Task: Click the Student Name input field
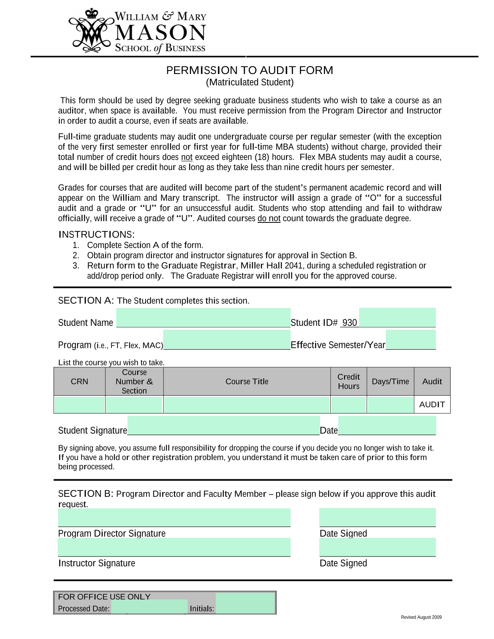click(203, 318)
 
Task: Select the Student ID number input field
click(397, 318)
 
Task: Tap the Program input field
click(227, 340)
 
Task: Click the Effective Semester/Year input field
click(411, 340)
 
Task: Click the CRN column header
click(79, 381)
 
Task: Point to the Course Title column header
click(247, 381)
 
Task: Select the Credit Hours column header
click(349, 381)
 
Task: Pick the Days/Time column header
click(390, 381)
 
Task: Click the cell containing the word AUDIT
click(432, 405)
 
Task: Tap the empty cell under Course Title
click(247, 405)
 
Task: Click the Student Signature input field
click(224, 425)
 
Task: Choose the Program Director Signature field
click(174, 517)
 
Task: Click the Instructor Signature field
click(174, 547)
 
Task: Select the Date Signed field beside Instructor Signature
click(377, 547)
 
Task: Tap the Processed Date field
click(149, 607)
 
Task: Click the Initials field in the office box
click(245, 603)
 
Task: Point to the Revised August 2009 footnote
click(421, 617)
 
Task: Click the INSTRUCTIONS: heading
click(96, 234)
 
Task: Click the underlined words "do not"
click(269, 219)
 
